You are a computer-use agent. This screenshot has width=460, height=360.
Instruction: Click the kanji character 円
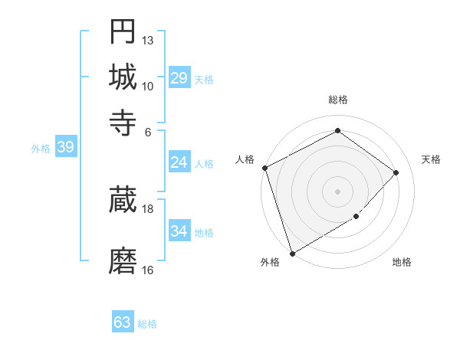123,31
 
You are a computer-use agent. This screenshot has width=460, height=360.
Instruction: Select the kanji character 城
123,77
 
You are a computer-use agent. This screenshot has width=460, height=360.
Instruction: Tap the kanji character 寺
123,122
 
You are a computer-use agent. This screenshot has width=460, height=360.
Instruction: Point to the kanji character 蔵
123,199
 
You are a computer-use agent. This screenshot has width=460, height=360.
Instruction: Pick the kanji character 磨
123,260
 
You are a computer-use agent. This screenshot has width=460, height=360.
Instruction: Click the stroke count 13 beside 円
148,40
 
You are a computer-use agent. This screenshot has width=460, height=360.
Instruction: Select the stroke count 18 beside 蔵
148,208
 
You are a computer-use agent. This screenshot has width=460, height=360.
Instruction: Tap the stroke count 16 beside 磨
148,270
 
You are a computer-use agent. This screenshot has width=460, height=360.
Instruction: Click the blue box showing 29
179,78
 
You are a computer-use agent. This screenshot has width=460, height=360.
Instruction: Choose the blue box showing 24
179,162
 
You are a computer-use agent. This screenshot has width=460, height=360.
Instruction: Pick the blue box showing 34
179,231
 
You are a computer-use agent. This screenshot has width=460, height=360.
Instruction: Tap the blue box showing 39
65,147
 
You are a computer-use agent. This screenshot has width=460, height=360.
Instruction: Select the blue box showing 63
123,322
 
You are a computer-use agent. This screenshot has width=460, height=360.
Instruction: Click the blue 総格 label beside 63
147,324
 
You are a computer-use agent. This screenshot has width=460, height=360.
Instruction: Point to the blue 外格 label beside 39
41,149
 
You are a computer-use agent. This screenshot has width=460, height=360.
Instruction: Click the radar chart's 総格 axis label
337,100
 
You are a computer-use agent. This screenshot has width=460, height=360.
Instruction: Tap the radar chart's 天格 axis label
432,159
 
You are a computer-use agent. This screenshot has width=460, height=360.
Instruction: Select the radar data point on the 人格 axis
264,168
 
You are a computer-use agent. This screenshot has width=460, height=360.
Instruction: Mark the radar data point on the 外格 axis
292,253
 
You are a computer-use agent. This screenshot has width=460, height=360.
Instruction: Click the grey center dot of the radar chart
337,191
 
